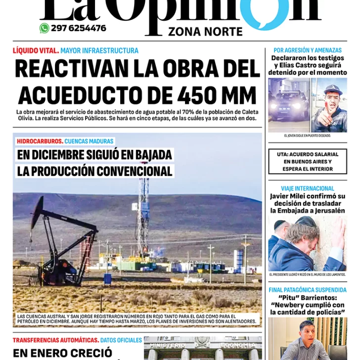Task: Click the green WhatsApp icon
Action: (x=44, y=28)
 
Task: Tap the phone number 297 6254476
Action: (x=78, y=28)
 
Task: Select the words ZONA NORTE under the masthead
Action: (x=205, y=32)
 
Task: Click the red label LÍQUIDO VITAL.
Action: (x=36, y=50)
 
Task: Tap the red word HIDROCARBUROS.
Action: (x=39, y=141)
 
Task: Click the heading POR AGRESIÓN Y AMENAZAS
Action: (x=308, y=50)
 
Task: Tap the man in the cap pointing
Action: (x=329, y=105)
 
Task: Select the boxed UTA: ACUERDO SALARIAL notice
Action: (x=308, y=162)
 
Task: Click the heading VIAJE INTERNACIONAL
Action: (x=308, y=188)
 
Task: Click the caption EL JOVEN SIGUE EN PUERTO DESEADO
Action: (x=308, y=135)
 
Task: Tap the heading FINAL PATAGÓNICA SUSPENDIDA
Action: (x=308, y=290)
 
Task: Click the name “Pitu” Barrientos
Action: (x=308, y=298)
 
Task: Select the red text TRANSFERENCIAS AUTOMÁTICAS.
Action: (x=55, y=340)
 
